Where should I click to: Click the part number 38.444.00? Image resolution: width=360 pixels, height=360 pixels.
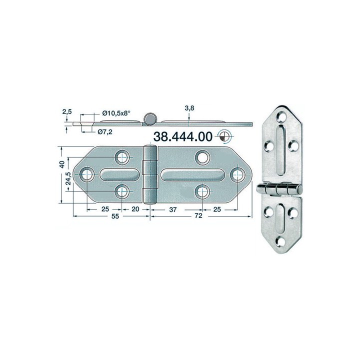[184, 136]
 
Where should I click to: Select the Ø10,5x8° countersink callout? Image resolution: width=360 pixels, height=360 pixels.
[116, 113]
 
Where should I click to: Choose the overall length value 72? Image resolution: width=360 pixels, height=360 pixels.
[197, 217]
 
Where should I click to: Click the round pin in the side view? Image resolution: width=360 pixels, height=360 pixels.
[149, 118]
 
